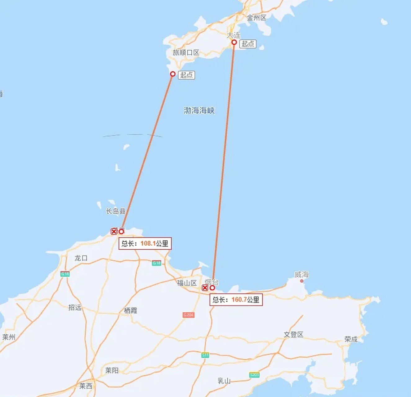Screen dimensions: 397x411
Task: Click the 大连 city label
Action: click(x=233, y=35)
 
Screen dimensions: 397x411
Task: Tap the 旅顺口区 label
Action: click(x=186, y=52)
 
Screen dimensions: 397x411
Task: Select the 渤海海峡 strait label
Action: click(x=199, y=110)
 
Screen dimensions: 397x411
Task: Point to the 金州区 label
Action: click(x=257, y=18)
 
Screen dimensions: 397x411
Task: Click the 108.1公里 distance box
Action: click(x=145, y=243)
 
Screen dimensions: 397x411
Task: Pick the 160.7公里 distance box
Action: click(x=236, y=300)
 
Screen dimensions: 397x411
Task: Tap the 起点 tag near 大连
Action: click(x=248, y=44)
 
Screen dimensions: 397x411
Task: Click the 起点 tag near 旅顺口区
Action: click(x=186, y=75)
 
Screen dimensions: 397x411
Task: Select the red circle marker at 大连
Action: click(x=234, y=42)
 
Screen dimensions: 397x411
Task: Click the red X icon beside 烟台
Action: click(x=205, y=288)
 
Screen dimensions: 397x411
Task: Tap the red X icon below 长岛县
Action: click(x=114, y=231)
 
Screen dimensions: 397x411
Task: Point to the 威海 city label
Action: click(x=302, y=274)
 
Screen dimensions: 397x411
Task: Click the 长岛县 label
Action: click(x=116, y=211)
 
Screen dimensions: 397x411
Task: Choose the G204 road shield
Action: click(x=188, y=315)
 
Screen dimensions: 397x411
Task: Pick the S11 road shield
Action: click(x=205, y=355)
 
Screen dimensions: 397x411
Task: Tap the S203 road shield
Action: click(x=254, y=375)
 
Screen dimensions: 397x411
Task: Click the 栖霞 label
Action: click(x=130, y=310)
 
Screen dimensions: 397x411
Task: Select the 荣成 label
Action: click(x=351, y=339)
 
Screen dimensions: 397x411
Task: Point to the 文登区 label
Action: click(x=293, y=334)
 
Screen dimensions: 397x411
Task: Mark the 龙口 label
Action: click(x=81, y=258)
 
